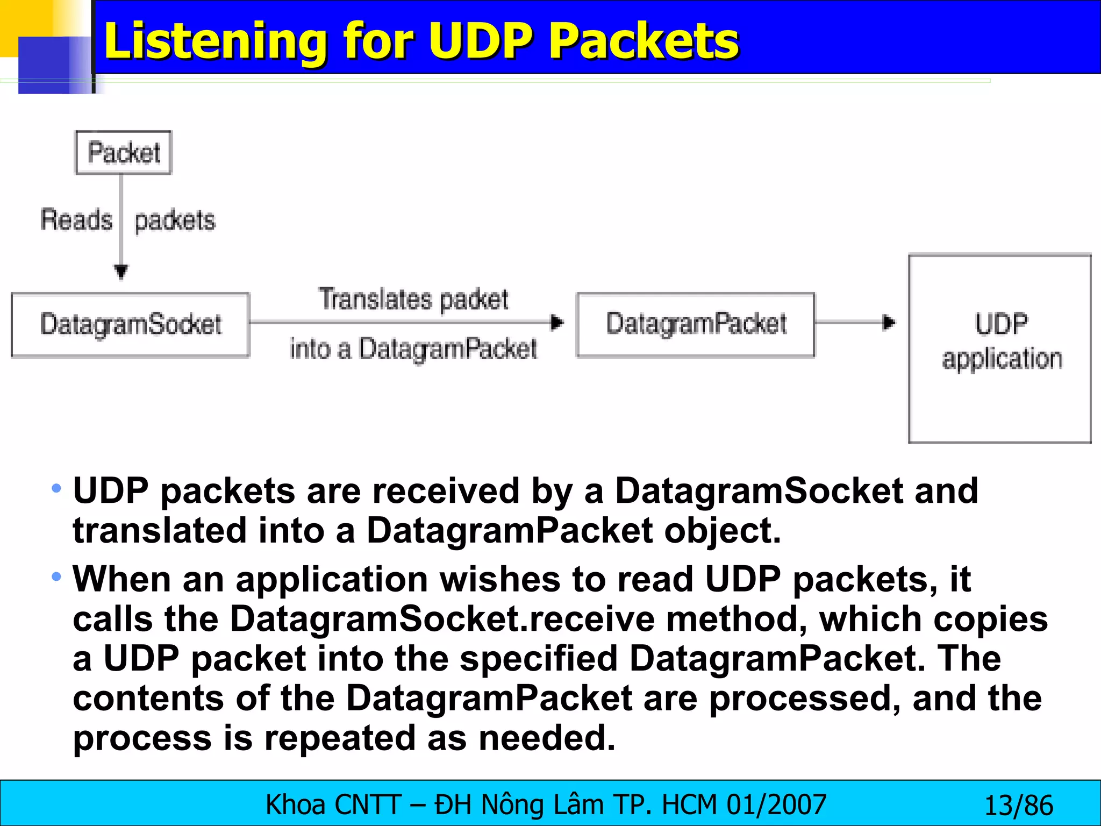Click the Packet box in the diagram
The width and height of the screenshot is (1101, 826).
click(124, 153)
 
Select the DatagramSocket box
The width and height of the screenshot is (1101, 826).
click(131, 325)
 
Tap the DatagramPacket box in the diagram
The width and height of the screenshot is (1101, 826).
click(696, 324)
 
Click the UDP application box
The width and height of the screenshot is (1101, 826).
click(1000, 348)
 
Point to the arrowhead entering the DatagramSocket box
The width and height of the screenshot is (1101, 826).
click(121, 272)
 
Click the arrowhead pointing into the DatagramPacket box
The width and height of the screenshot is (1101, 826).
click(557, 323)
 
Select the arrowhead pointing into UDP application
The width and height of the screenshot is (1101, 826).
click(889, 323)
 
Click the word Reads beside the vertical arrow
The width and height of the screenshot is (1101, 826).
click(76, 220)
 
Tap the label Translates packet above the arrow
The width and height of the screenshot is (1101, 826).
click(413, 299)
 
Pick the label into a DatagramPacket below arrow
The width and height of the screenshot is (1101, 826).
click(413, 348)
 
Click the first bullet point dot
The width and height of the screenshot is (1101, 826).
click(56, 489)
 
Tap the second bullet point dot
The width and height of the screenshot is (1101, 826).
click(56, 577)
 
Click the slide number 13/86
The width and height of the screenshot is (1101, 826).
click(1018, 806)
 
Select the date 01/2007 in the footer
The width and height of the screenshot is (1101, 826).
click(776, 805)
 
